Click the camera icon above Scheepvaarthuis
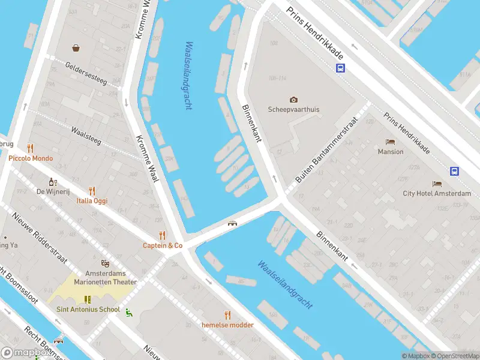[x=293, y=100]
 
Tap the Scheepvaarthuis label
[x=293, y=110]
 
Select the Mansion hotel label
[x=391, y=152]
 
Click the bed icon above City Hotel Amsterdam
[x=437, y=184]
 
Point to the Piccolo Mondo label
[x=31, y=158]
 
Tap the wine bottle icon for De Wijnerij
[x=53, y=182]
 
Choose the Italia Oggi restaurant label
[x=92, y=200]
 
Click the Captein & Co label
[x=162, y=245]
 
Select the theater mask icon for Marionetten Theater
[x=105, y=263]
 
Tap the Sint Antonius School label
[x=88, y=310]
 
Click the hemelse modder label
[x=227, y=325]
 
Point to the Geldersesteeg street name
[x=86, y=74]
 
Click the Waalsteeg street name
[x=86, y=136]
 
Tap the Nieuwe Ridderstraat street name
[x=35, y=232]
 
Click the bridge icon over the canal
[x=232, y=224]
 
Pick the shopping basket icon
[x=76, y=48]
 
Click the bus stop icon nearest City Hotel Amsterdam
[x=454, y=171]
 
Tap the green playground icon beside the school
[x=128, y=311]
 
